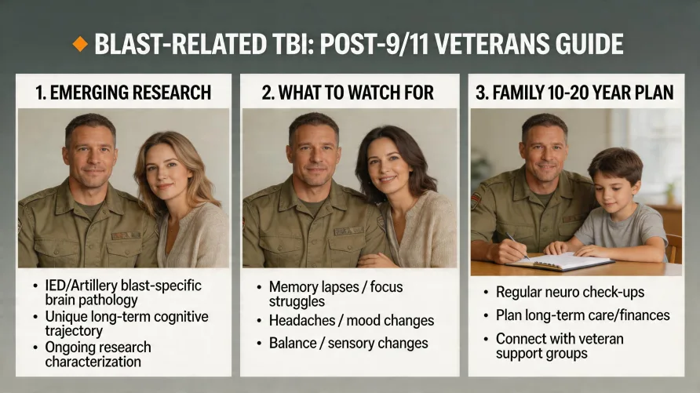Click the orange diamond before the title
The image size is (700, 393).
tap(79, 44)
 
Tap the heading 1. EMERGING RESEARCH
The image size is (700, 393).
tap(123, 93)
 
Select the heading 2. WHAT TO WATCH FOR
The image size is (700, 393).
tap(348, 93)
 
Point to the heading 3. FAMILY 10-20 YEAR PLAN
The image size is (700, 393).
tap(574, 93)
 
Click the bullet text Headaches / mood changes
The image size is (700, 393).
tap(351, 321)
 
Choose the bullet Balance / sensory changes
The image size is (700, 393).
tap(348, 343)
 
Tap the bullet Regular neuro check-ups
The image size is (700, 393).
tap(570, 292)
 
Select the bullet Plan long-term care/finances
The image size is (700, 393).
tap(582, 315)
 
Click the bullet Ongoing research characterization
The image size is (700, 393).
tap(97, 354)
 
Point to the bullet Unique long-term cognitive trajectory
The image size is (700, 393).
tap(126, 323)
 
